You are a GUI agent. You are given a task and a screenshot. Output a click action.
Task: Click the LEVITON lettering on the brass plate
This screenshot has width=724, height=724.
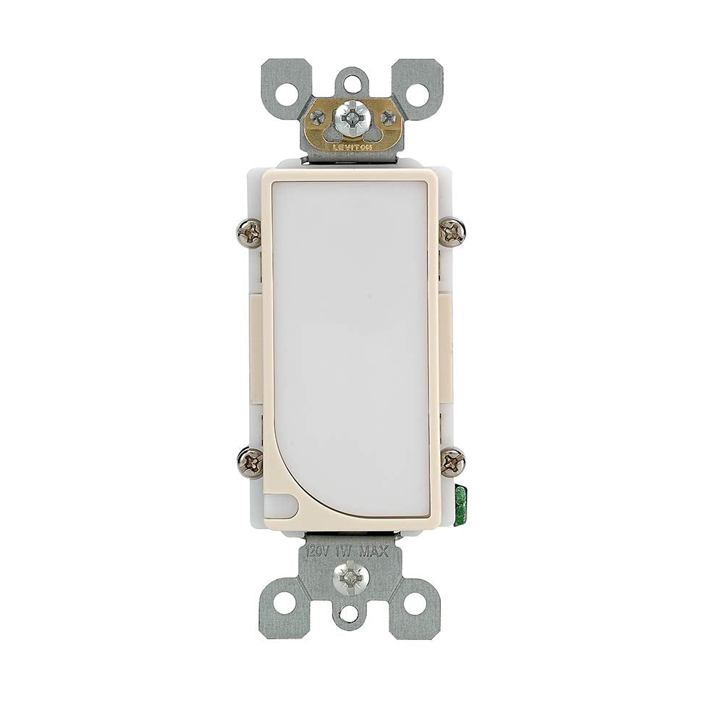coord(352,146)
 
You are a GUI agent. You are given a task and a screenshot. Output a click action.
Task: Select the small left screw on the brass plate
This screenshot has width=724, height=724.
coord(317,117)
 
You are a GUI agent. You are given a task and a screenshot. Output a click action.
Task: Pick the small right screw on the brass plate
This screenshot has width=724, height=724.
coord(389,118)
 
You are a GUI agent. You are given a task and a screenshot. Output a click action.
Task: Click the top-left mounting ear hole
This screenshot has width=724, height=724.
coord(287,93)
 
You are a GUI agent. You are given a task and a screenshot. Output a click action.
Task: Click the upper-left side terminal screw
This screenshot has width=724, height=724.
coord(250,232)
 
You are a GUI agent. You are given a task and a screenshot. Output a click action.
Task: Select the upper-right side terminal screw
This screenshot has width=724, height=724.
coord(452,232)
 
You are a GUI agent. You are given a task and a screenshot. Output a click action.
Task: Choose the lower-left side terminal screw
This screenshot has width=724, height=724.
coord(250,461)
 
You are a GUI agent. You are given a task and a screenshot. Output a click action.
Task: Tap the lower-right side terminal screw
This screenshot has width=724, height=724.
coord(452,461)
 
